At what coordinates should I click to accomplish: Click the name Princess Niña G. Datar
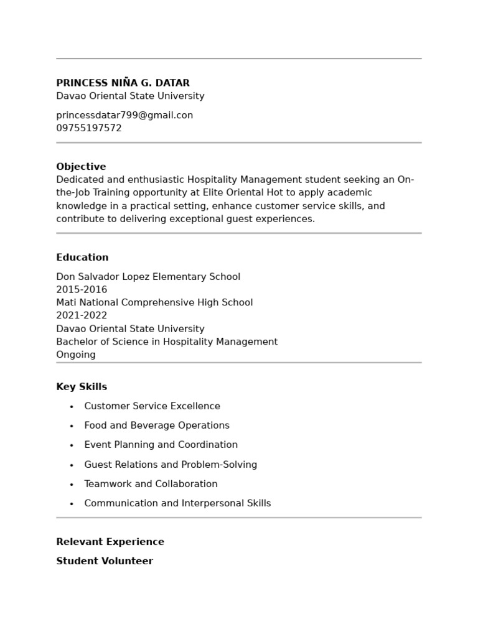123,83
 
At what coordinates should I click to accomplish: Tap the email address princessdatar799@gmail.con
124,115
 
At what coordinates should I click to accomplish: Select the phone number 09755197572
89,128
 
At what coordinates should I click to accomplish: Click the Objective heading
81,167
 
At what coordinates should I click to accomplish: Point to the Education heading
82,258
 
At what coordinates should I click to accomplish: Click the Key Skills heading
82,387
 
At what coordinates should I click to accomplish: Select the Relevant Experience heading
110,542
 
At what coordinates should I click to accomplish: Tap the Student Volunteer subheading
105,561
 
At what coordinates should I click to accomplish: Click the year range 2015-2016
82,290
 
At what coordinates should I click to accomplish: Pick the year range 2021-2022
82,315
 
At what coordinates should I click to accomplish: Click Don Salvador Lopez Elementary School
148,277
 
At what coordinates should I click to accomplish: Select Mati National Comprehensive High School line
154,302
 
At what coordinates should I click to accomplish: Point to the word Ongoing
76,355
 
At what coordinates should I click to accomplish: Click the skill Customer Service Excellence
152,406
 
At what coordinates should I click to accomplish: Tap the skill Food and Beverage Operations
157,425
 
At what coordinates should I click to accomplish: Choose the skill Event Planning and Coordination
161,445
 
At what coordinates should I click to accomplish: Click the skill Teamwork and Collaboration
151,484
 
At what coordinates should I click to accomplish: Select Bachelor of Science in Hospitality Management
167,342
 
